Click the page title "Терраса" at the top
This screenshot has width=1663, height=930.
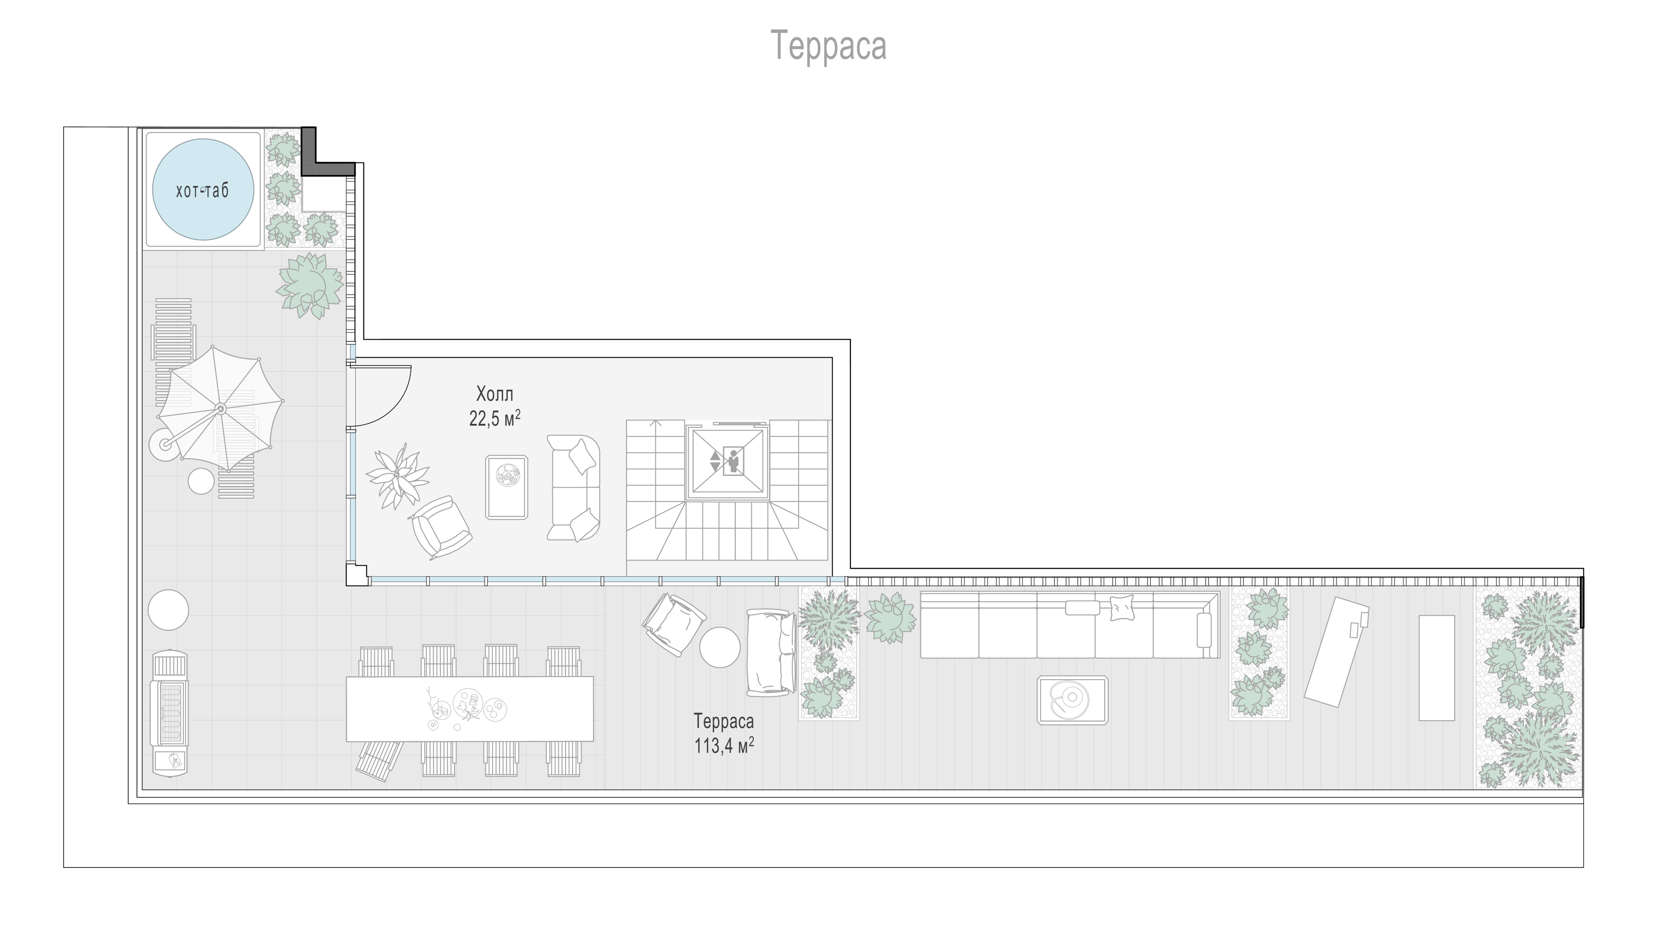[829, 45]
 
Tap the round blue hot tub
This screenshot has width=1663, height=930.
[203, 190]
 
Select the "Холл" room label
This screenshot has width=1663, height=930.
[495, 394]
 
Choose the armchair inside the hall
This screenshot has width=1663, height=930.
[441, 526]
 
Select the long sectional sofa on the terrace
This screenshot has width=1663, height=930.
[1069, 625]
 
